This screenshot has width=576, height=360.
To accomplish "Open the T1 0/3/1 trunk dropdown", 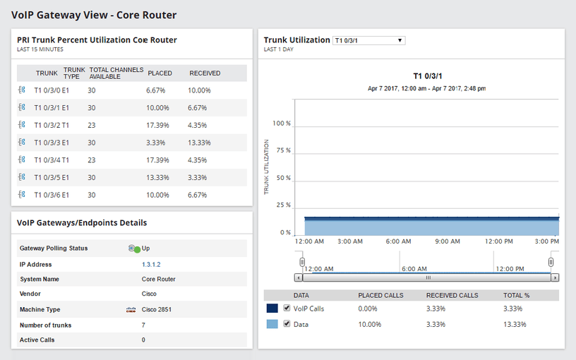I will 368,41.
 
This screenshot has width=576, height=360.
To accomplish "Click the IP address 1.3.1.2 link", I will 151,265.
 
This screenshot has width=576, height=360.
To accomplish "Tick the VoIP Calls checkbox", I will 287,308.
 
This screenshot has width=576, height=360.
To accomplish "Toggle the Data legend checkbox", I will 287,324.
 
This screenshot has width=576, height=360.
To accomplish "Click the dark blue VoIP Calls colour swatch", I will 272,308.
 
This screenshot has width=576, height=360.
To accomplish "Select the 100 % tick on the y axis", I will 282,124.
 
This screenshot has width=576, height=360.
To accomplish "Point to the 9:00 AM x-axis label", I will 448,241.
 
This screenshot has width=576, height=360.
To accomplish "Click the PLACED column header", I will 160,73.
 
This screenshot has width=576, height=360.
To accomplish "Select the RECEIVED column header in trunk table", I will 205,73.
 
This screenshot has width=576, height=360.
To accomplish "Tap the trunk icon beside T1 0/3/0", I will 22,90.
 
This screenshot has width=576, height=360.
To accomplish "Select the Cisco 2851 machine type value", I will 157,310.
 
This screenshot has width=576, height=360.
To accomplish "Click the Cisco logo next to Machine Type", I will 130,310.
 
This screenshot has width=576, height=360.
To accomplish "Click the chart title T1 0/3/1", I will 426,76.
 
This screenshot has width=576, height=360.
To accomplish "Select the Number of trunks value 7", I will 143,325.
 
